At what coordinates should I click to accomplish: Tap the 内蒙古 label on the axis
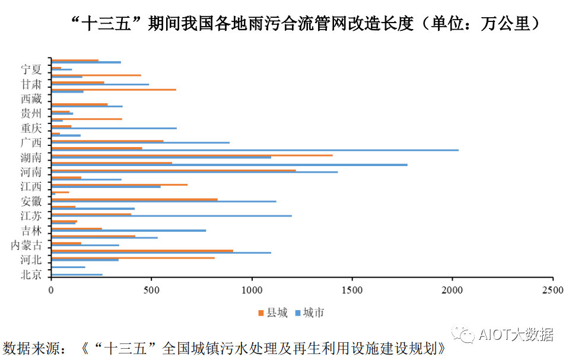point(27,246)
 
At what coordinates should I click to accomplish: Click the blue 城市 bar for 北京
point(77,275)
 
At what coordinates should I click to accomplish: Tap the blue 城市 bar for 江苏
point(171,216)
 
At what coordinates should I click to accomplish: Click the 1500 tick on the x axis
point(352,291)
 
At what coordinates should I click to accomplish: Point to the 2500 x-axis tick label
point(552,291)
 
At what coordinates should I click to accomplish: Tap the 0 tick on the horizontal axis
point(52,291)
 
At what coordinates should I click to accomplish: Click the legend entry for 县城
point(274,313)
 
